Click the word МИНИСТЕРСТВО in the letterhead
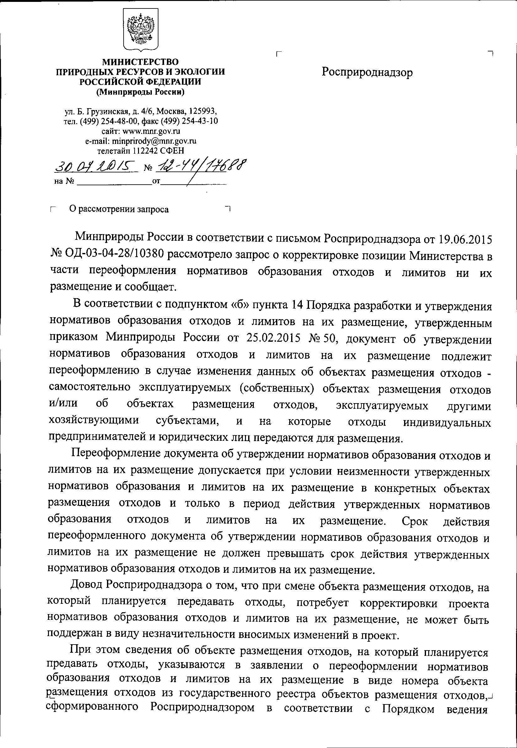140,61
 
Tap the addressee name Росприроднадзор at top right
367,72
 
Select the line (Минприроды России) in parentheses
140,92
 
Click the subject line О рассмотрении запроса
119,210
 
